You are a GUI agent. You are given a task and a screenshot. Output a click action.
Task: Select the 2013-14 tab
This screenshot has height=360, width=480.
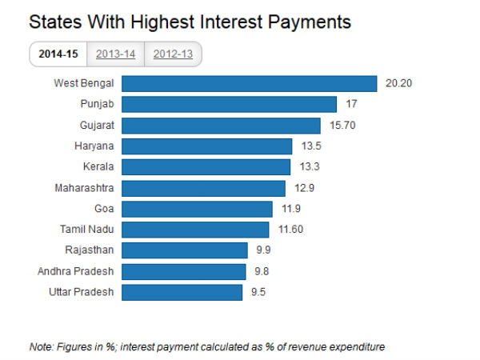[x=114, y=54]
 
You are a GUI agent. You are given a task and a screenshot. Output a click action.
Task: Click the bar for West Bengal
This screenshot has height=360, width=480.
[x=250, y=83]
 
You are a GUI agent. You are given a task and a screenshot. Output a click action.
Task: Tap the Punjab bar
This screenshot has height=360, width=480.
[x=230, y=104]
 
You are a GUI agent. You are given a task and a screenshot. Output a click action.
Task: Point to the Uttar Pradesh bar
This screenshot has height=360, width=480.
[x=182, y=292]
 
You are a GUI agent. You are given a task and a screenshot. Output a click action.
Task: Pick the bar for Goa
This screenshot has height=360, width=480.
[x=198, y=209]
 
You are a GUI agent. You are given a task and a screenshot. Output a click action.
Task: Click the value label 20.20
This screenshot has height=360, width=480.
[x=398, y=83]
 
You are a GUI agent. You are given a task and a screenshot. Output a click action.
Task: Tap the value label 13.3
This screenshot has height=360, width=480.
[x=306, y=167]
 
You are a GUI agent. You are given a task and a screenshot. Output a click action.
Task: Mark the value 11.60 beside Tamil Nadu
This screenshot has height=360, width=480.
[x=290, y=230]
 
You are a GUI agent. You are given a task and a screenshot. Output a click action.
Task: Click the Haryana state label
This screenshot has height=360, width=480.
[x=94, y=146]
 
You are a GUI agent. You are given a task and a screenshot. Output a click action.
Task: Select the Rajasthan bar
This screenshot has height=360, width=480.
[x=186, y=250]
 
